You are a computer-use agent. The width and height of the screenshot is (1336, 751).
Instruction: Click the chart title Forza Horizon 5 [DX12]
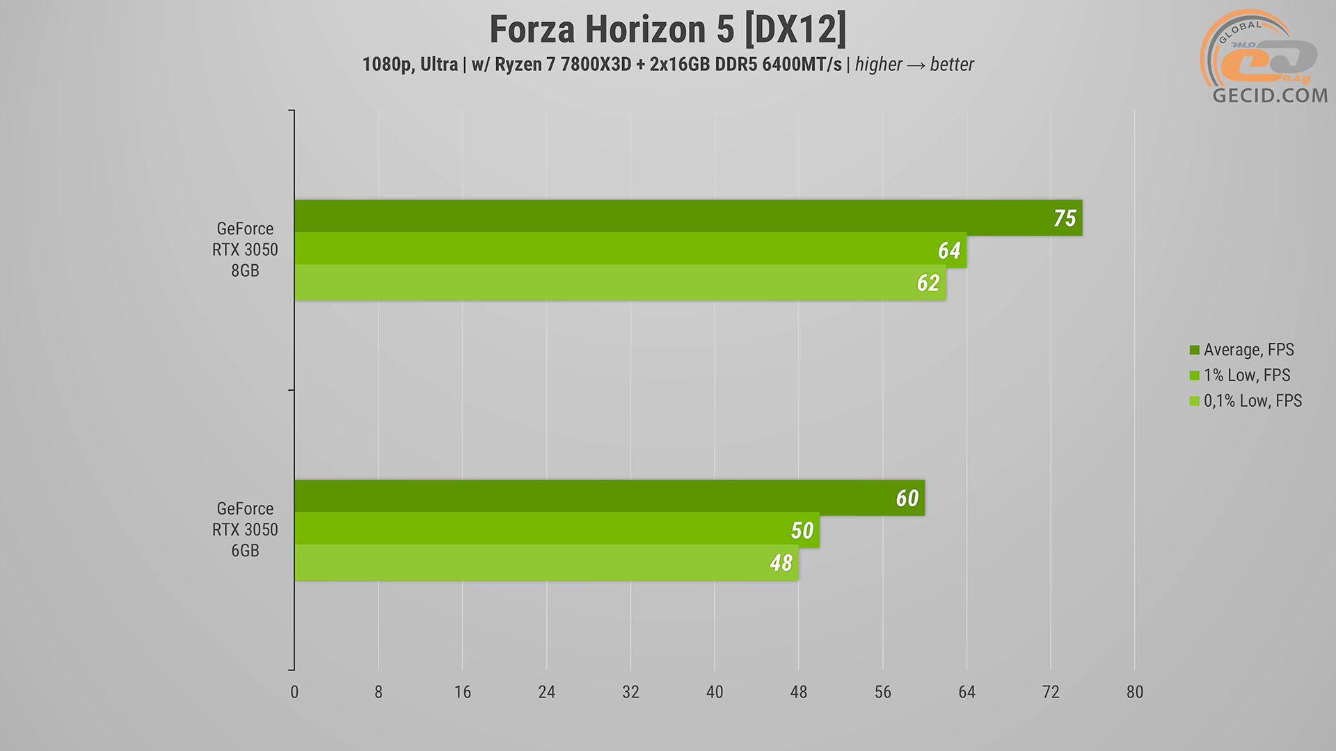pyautogui.click(x=668, y=29)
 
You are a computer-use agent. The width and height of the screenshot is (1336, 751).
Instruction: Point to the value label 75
pyautogui.click(x=1065, y=218)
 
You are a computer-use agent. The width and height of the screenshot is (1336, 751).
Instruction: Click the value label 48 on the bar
pyautogui.click(x=781, y=563)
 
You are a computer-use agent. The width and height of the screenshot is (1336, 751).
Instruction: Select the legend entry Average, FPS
pyautogui.click(x=1248, y=350)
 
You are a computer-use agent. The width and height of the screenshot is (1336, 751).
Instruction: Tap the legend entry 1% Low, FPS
pyautogui.click(x=1246, y=375)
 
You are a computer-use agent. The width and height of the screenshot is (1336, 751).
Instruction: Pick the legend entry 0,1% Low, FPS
pyautogui.click(x=1252, y=401)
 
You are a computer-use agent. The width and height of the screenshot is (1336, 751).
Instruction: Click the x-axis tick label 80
pyautogui.click(x=1134, y=692)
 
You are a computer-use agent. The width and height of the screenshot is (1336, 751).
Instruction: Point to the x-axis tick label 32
pyautogui.click(x=630, y=692)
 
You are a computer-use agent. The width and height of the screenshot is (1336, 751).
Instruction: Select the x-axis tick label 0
pyautogui.click(x=294, y=692)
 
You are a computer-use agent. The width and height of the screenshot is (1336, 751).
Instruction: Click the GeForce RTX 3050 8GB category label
pyautogui.click(x=245, y=250)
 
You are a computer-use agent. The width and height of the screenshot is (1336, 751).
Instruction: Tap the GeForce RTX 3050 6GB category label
pyautogui.click(x=245, y=530)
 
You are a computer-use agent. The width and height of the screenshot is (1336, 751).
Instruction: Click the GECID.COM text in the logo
pyautogui.click(x=1270, y=95)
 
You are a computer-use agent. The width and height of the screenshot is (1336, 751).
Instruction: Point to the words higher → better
pyautogui.click(x=914, y=65)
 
